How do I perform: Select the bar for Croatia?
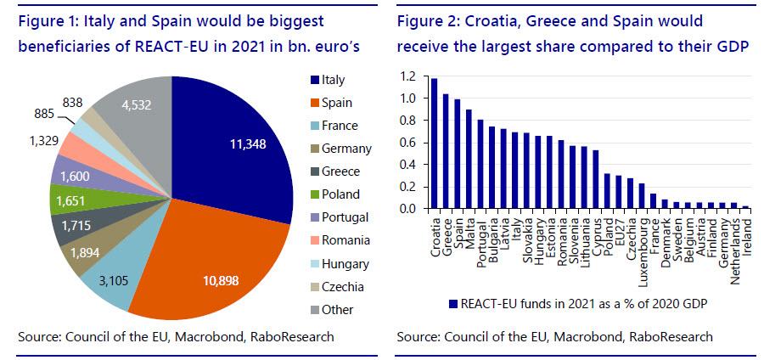click(434, 143)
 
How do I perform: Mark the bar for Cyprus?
click(595, 179)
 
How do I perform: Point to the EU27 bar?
click(618, 192)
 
